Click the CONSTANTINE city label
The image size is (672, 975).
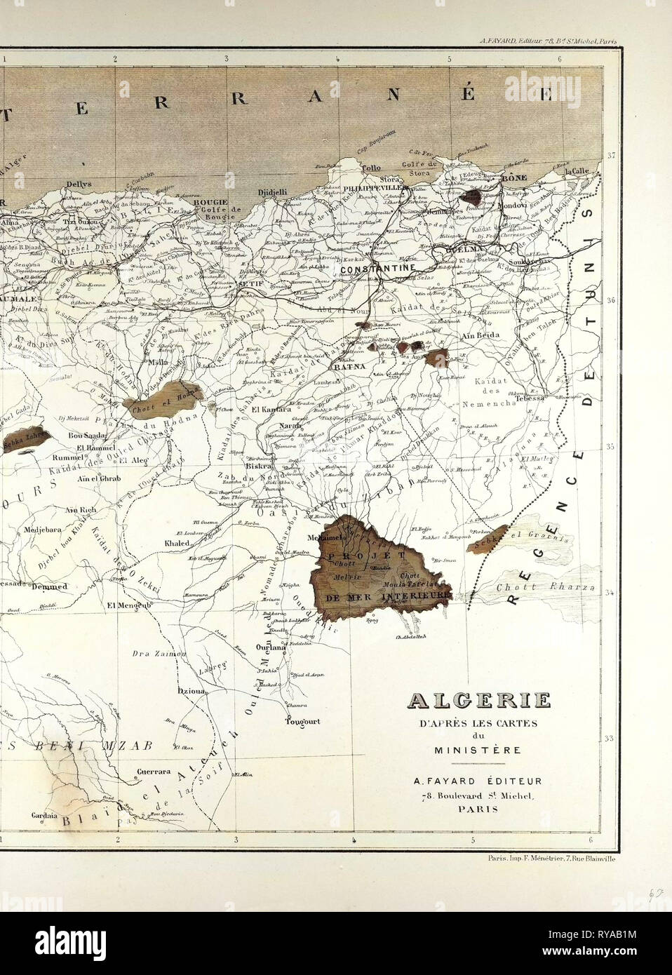[x=379, y=268]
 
